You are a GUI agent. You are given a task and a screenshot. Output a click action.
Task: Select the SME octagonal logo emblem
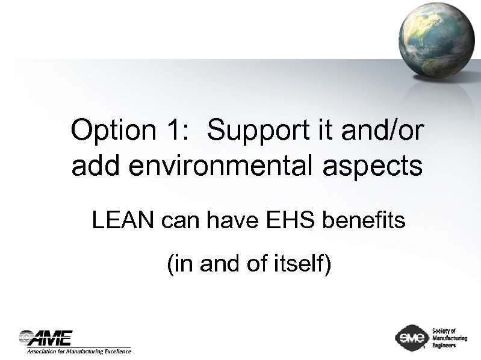click(x=411, y=338)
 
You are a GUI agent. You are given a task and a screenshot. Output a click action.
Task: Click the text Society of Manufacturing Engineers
click(x=449, y=338)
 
